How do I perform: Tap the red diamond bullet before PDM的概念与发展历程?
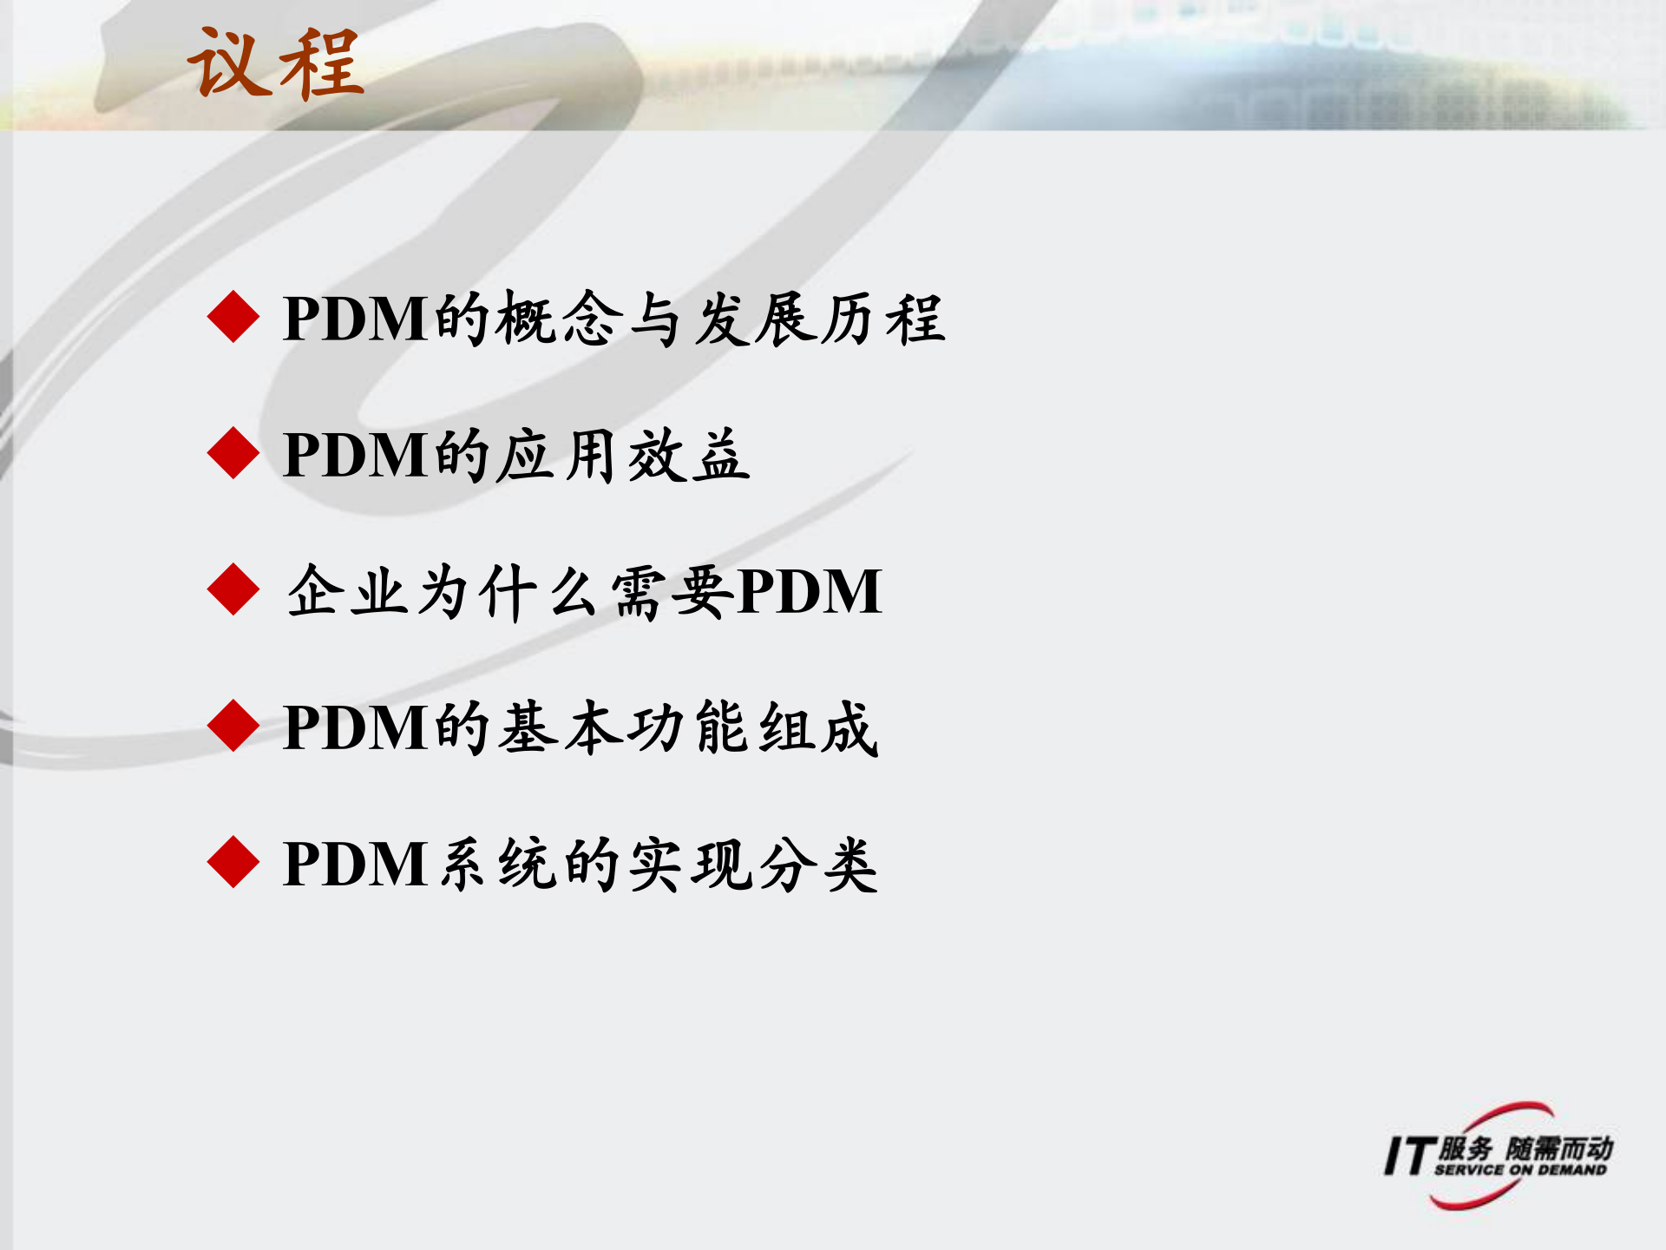coord(233,317)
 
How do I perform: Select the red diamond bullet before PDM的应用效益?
coord(233,453)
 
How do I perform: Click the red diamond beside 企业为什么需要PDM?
coord(233,589)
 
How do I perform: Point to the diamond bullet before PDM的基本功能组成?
coord(233,726)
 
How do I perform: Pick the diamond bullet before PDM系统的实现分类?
coord(233,862)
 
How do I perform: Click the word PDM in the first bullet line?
coord(356,319)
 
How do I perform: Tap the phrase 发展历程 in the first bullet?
coord(818,319)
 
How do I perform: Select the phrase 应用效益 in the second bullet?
coord(623,455)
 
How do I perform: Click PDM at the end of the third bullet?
coord(809,591)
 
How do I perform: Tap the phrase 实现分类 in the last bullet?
coord(753,864)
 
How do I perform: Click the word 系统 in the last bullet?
coord(498,864)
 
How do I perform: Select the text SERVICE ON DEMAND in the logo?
coord(1520,1170)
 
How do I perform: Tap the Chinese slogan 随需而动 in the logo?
coord(1559,1148)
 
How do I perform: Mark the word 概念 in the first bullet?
coord(559,319)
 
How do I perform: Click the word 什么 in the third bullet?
coord(539,591)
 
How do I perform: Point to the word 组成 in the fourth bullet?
coord(818,727)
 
